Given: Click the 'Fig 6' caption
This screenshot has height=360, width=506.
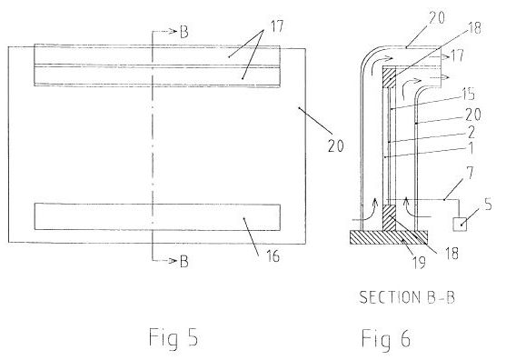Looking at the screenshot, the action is [x=386, y=339].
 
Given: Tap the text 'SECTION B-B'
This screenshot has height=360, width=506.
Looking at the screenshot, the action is [x=407, y=297].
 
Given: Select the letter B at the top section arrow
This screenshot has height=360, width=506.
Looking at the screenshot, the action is [x=184, y=32].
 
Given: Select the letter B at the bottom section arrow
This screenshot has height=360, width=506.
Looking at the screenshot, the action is [x=184, y=261].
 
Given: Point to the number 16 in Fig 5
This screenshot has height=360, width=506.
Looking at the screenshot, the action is [x=273, y=256].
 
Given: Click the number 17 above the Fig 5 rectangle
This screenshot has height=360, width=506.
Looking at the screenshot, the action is [x=277, y=26].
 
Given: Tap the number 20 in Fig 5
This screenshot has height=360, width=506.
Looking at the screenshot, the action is [x=335, y=146].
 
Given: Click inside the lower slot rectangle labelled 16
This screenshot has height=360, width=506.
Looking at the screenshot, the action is [x=157, y=216].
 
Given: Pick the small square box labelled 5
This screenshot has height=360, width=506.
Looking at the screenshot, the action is [x=460, y=224].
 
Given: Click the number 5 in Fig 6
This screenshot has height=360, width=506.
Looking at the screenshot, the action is [x=488, y=205].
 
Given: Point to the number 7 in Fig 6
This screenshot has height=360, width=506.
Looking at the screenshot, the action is [x=471, y=174].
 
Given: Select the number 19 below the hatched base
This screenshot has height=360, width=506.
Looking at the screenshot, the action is [x=420, y=263].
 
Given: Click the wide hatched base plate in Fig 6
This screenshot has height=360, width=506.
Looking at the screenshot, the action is [x=389, y=237].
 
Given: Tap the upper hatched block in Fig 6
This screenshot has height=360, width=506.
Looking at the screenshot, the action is [x=389, y=77].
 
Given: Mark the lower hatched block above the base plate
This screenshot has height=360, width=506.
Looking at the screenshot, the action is [x=389, y=217].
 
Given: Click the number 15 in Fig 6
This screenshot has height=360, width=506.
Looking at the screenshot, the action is [x=468, y=94].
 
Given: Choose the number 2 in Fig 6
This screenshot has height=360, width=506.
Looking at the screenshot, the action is [x=471, y=132].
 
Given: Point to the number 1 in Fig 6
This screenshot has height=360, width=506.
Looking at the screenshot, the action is [x=471, y=148].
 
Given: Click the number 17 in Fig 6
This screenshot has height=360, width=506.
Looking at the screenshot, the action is [x=457, y=55].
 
